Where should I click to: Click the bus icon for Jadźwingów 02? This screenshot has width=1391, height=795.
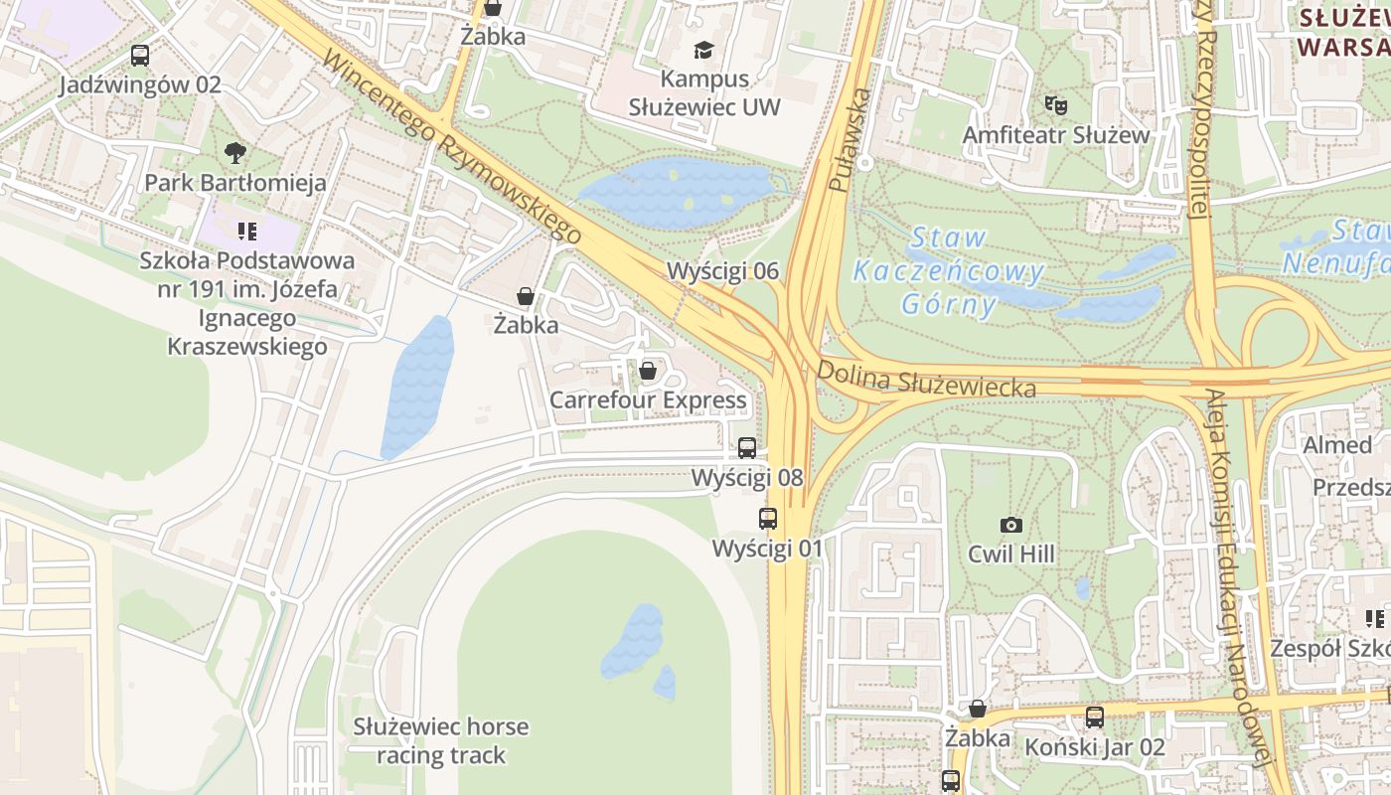(x=140, y=56)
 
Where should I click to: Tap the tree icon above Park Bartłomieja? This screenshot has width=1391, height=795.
(x=235, y=153)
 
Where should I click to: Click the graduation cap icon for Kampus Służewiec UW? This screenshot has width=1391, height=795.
(x=704, y=50)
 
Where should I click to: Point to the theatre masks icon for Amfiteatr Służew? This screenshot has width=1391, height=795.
(x=1054, y=104)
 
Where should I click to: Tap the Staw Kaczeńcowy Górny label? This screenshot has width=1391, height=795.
(x=949, y=270)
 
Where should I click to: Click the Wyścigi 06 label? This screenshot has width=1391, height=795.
(x=722, y=271)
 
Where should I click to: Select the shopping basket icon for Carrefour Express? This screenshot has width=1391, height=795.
(x=648, y=371)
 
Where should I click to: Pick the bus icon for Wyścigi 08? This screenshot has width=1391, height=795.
(x=746, y=448)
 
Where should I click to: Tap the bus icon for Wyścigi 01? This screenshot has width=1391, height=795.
(x=767, y=518)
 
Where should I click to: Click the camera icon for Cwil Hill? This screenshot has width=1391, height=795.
(x=1010, y=525)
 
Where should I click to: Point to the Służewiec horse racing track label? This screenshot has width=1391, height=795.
(x=441, y=740)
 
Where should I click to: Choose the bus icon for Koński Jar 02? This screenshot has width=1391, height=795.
(x=1094, y=716)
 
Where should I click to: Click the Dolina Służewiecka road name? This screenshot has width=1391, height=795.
(x=926, y=379)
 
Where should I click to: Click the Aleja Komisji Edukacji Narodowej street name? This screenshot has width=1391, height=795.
(x=1238, y=576)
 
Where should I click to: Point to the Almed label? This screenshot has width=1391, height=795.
(x=1336, y=444)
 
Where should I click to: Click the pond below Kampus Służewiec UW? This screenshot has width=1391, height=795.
(x=676, y=192)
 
